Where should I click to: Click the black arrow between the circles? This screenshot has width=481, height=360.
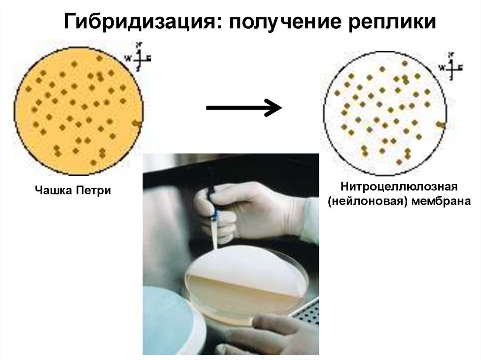pos(244,108)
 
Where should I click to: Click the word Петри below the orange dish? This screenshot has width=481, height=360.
pos(94,191)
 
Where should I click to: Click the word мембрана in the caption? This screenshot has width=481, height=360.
pos(441,202)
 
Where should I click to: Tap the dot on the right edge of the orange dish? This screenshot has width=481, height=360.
pos(136,123)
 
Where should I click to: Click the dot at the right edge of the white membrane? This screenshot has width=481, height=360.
pos(440,124)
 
